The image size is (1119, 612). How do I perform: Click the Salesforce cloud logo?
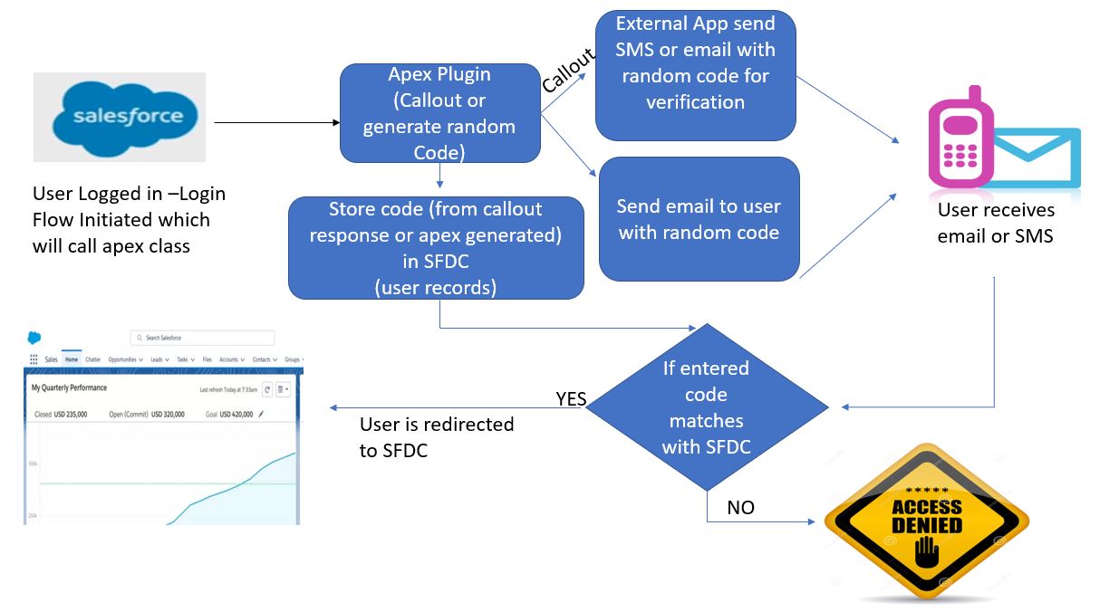[119, 117]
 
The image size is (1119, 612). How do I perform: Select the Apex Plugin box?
[439, 113]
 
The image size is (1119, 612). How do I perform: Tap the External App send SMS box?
[695, 75]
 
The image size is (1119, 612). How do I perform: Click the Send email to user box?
[699, 219]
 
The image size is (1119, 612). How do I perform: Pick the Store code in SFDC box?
[436, 248]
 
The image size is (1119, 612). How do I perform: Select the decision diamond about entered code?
[706, 406]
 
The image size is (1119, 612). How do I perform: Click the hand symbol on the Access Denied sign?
[925, 553]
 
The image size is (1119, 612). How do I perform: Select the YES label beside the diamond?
[571, 398]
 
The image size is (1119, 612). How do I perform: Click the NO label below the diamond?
[740, 508]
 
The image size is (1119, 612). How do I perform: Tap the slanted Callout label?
[568, 71]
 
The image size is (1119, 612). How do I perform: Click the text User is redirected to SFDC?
[436, 436]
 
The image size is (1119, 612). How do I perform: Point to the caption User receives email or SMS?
[996, 223]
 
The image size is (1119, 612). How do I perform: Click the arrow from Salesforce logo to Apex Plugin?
[276, 121]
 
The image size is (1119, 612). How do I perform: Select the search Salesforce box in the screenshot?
[202, 338]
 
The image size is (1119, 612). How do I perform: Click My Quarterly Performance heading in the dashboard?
[69, 387]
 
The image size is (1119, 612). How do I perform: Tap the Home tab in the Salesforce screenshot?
[71, 359]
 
